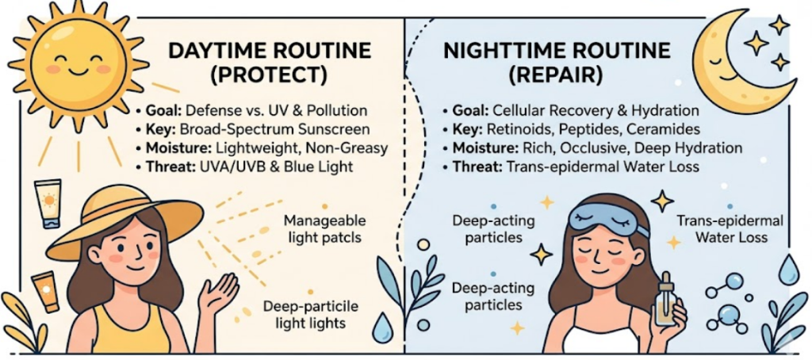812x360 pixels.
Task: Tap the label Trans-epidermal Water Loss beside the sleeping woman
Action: [x=729, y=229]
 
